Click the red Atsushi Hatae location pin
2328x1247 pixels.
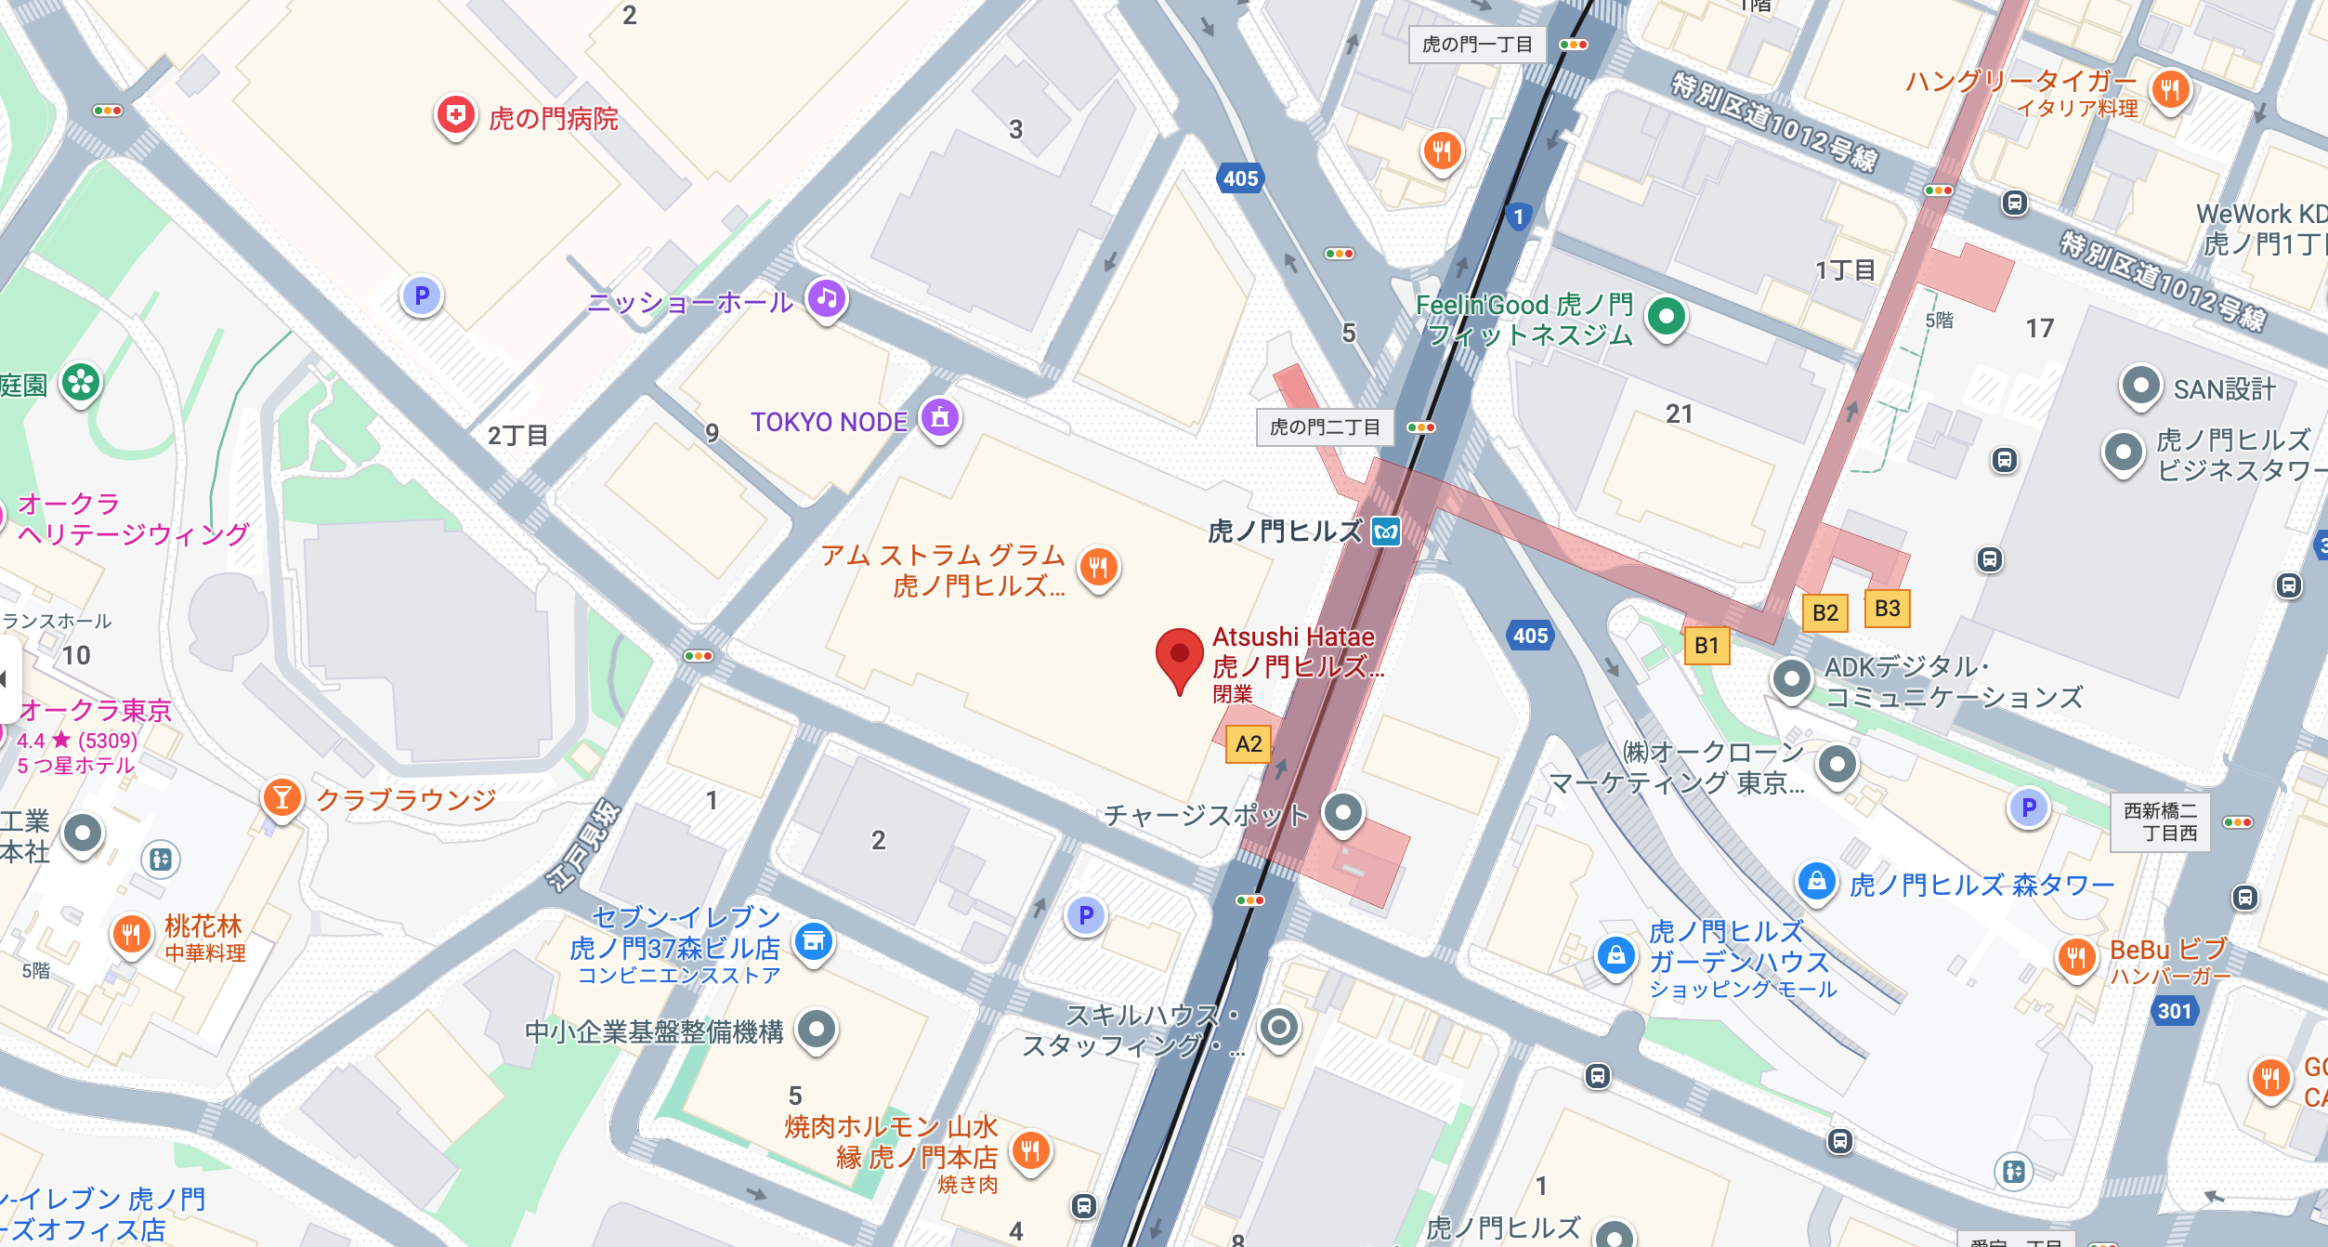(x=1179, y=656)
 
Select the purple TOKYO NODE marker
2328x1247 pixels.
(x=939, y=418)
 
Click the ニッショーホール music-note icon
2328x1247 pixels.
(x=826, y=299)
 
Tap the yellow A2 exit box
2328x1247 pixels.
(x=1249, y=744)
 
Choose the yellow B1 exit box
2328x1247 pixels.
(x=1707, y=646)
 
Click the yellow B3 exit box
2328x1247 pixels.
(x=1887, y=609)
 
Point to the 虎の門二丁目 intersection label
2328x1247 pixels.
(x=1325, y=427)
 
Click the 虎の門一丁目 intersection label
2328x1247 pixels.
(x=1477, y=45)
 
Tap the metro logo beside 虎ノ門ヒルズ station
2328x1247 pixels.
(x=1386, y=532)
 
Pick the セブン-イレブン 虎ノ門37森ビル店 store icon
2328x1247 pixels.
(x=814, y=941)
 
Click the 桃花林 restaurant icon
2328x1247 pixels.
(x=131, y=934)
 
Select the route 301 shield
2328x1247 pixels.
(x=2174, y=1011)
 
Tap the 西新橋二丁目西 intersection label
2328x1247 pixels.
(x=2160, y=821)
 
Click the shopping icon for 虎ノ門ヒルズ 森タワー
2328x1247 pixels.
(x=1816, y=880)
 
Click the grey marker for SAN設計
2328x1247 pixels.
(x=2140, y=386)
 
